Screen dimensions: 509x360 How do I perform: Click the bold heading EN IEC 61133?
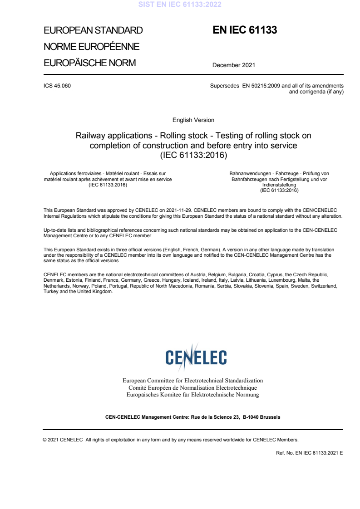(245, 30)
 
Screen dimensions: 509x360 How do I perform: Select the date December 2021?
(234, 65)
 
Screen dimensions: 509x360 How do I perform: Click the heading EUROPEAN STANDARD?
(93, 31)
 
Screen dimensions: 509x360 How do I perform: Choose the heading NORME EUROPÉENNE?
(91, 47)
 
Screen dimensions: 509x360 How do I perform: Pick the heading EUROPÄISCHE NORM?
(89, 63)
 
